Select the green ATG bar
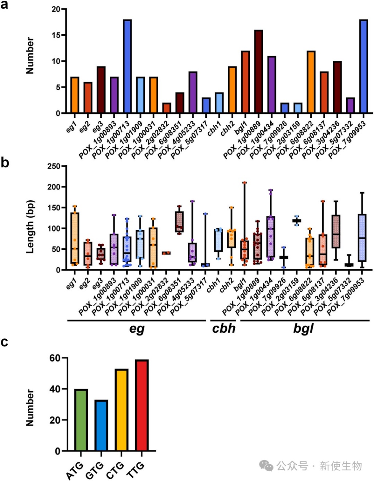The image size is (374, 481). [81, 420]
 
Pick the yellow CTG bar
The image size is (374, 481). [122, 410]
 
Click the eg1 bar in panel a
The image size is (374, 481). [75, 95]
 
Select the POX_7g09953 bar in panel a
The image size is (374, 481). [363, 66]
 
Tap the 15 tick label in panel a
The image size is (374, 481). [56, 35]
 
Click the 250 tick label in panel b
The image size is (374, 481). [54, 166]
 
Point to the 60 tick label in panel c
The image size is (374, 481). [55, 358]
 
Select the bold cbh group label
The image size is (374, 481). [223, 328]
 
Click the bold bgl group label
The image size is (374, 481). [303, 328]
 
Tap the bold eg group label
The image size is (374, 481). [137, 328]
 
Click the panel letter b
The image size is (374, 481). [5, 162]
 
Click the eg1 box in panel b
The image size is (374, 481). [75, 238]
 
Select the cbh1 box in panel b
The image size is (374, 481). [218, 240]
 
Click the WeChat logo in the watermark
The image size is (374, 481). [266, 466]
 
